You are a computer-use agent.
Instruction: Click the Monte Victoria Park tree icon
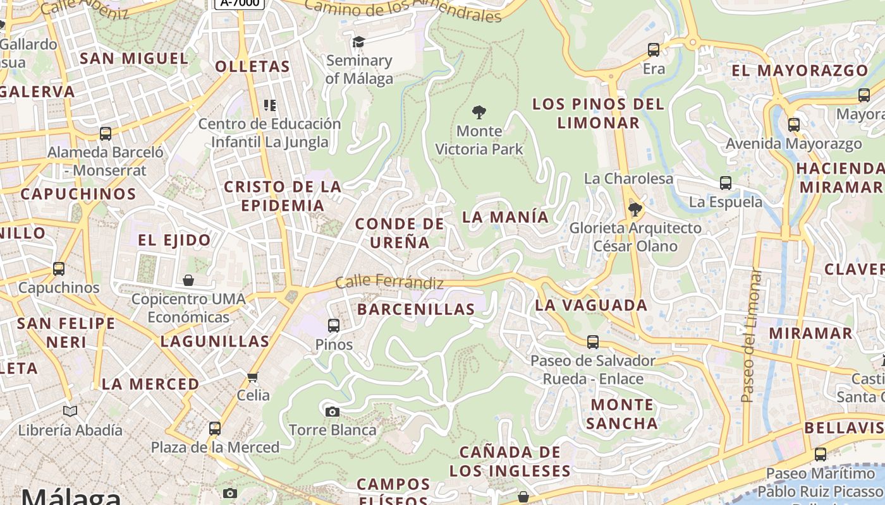click(x=479, y=113)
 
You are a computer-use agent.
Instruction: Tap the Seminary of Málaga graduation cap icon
click(x=358, y=42)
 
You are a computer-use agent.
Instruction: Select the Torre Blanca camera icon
click(x=332, y=412)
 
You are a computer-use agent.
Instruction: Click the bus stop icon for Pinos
click(x=334, y=326)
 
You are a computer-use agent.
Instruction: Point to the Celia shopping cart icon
click(x=253, y=377)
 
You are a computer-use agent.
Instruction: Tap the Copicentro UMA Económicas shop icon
click(x=188, y=280)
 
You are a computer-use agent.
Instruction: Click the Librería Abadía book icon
click(x=70, y=412)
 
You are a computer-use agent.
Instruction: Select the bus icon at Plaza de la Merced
click(x=215, y=429)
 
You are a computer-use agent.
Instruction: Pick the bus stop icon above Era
click(x=654, y=49)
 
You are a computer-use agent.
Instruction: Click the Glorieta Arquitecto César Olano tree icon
click(x=635, y=209)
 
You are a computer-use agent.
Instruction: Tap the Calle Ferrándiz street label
click(x=389, y=282)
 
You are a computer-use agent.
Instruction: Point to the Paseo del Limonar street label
click(x=750, y=336)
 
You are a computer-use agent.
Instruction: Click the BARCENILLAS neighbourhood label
click(x=416, y=309)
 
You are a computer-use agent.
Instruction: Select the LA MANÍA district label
click(x=506, y=217)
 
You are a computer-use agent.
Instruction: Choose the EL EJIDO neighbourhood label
click(x=174, y=241)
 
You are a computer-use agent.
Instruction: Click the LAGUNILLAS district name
click(x=215, y=342)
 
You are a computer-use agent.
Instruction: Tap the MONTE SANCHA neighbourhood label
click(x=622, y=414)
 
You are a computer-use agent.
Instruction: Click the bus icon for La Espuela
click(x=726, y=183)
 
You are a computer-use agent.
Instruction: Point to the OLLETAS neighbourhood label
click(x=252, y=67)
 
